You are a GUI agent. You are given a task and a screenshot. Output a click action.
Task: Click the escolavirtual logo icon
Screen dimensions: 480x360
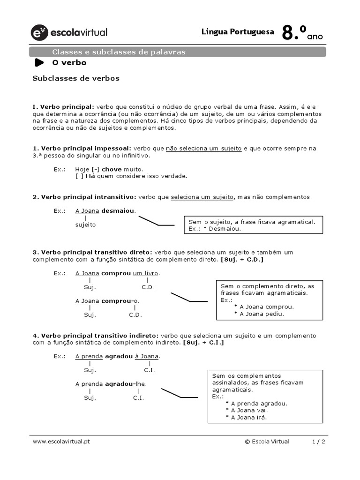(x=39, y=32)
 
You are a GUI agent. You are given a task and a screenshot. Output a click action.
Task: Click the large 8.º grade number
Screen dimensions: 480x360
(x=294, y=33)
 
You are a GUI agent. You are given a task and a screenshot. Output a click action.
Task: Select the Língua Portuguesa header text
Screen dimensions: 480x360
(x=238, y=32)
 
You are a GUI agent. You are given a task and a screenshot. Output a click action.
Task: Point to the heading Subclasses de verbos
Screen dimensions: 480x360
(x=76, y=78)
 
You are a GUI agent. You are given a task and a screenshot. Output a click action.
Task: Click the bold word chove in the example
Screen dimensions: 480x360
(x=112, y=169)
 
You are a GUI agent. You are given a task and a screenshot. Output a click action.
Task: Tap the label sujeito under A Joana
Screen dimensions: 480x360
(x=85, y=225)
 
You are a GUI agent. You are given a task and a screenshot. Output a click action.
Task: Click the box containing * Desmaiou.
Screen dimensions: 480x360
(x=254, y=225)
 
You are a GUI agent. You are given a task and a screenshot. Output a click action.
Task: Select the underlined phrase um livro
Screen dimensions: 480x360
(x=146, y=273)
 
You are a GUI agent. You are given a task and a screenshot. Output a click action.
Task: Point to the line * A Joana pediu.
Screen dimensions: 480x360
(x=259, y=314)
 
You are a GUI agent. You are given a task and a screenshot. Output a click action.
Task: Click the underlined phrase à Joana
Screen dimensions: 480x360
(x=147, y=356)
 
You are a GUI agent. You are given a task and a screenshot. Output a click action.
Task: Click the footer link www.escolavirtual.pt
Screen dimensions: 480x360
(x=61, y=442)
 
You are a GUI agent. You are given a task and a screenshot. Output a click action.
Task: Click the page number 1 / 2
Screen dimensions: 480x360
(x=319, y=442)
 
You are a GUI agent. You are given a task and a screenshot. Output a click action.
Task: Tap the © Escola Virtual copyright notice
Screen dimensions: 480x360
(x=267, y=442)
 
